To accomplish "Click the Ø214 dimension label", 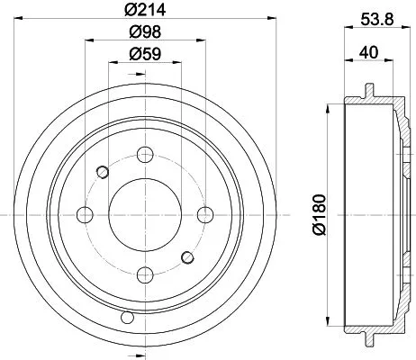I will (x=145, y=12).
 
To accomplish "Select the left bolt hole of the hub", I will (x=86, y=214).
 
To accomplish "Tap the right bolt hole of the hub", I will (x=206, y=214).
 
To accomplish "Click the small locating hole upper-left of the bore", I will (x=103, y=172).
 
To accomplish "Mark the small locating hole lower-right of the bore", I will (x=188, y=257).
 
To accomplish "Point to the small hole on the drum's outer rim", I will (x=127, y=317).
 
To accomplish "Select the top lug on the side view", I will (x=370, y=90).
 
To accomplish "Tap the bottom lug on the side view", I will (x=370, y=339).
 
